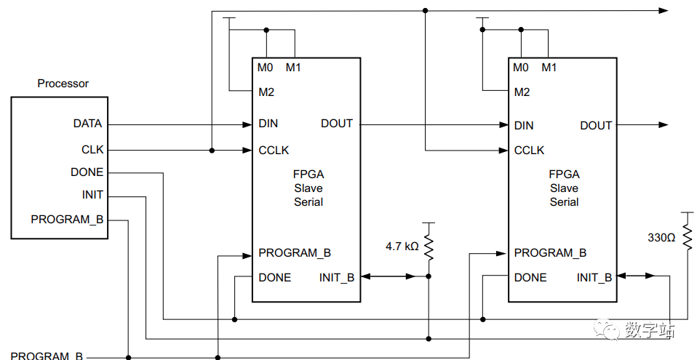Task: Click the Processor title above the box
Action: pyautogui.click(x=63, y=84)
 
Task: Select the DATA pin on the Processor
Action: pyautogui.click(x=87, y=124)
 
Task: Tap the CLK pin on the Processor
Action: pyautogui.click(x=92, y=149)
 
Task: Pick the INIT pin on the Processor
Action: pyautogui.click(x=92, y=195)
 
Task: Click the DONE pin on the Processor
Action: pyautogui.click(x=87, y=172)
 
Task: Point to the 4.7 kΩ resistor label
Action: pyautogui.click(x=402, y=247)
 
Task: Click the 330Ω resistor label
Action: pyautogui.click(x=661, y=237)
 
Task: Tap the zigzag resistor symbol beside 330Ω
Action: pyautogui.click(x=685, y=237)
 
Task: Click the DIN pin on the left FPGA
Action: pyautogui.click(x=268, y=124)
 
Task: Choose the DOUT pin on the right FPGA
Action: pyautogui.click(x=596, y=125)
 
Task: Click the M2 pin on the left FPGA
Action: pyautogui.click(x=266, y=92)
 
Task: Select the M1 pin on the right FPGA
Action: pyautogui.click(x=549, y=68)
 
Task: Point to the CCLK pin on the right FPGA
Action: pyautogui.click(x=529, y=151)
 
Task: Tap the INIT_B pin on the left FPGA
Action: pyautogui.click(x=337, y=277)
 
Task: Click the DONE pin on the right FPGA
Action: pyautogui.click(x=530, y=277)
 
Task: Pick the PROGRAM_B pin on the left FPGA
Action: pyautogui.click(x=295, y=253)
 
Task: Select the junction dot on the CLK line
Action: pyautogui.click(x=212, y=151)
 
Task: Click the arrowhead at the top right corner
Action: pyautogui.click(x=663, y=10)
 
